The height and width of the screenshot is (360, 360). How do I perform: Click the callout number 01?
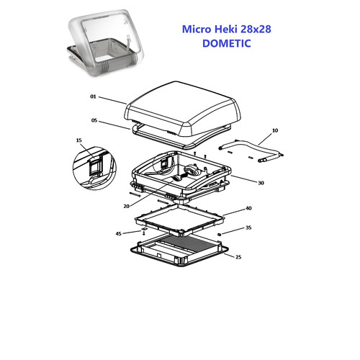pyautogui.click(x=93, y=96)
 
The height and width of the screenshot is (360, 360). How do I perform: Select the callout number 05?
pyautogui.click(x=94, y=120)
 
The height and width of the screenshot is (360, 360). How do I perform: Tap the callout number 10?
pyautogui.click(x=275, y=130)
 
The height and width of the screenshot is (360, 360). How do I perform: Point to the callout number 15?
pyautogui.click(x=79, y=140)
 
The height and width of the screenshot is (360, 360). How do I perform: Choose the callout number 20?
pyautogui.click(x=127, y=206)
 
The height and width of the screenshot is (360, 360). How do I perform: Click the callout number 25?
pyautogui.click(x=238, y=257)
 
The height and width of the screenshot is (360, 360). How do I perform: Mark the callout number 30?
pyautogui.click(x=261, y=183)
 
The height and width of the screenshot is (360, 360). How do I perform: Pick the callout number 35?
pyautogui.click(x=248, y=228)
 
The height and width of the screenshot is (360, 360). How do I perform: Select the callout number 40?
pyautogui.click(x=248, y=208)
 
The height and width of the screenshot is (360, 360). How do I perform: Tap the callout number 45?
pyautogui.click(x=119, y=233)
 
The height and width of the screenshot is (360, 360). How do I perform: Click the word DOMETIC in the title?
pyautogui.click(x=227, y=43)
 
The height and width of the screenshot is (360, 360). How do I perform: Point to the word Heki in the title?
pyautogui.click(x=225, y=29)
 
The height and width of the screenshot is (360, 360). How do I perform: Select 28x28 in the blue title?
pyautogui.click(x=256, y=29)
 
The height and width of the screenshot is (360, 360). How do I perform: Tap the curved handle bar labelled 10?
pyautogui.click(x=251, y=150)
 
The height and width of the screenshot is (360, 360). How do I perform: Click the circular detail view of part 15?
pyautogui.click(x=94, y=168)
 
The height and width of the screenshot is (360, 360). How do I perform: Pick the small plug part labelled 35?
pyautogui.click(x=219, y=234)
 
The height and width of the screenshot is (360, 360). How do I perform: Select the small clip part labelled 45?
pyautogui.click(x=144, y=231)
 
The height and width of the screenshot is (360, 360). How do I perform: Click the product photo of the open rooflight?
pyautogui.click(x=106, y=42)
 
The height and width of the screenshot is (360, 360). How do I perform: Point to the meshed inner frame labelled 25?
pyautogui.click(x=179, y=250)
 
